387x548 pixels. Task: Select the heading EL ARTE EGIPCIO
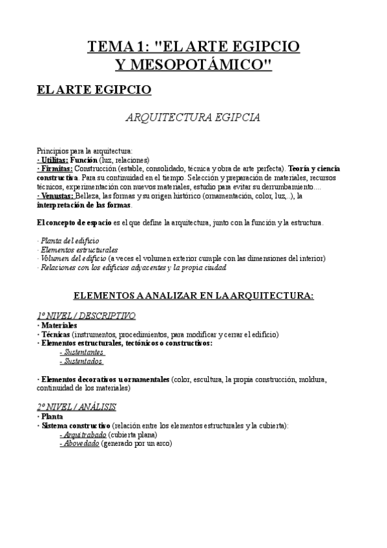pos(94,89)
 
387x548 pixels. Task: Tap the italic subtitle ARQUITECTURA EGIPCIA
pos(193,118)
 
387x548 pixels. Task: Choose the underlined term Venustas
pos(56,196)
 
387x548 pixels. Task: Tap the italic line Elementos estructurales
pos(78,249)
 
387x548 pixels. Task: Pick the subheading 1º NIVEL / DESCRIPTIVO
pos(86,316)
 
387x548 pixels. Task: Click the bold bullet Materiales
pos(59,326)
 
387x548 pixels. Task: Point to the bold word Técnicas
pos(55,335)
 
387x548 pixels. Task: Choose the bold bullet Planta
pos(52,417)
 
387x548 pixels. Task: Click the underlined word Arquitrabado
pos(81,435)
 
